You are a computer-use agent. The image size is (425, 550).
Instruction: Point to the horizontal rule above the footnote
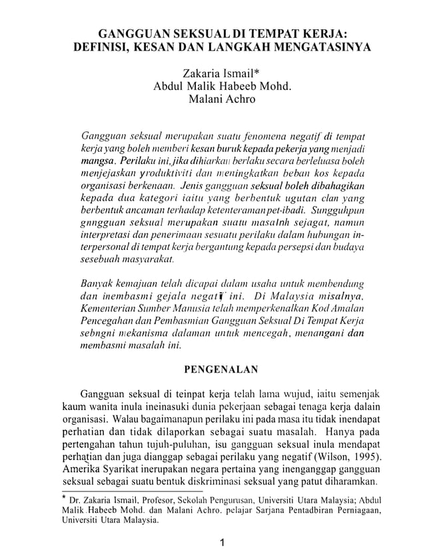(x=123, y=492)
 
